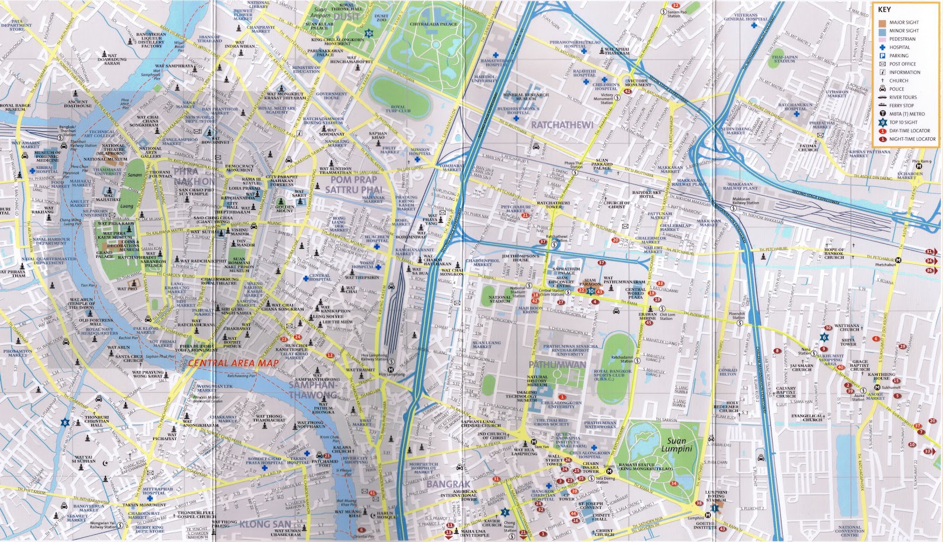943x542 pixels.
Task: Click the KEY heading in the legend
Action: point(884,9)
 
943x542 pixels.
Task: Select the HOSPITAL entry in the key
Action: point(899,47)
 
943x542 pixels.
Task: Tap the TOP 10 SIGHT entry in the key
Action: point(903,123)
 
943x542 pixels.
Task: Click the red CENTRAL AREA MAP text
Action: point(233,363)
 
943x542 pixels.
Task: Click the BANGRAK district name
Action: point(448,484)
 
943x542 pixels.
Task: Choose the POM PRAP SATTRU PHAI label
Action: point(354,184)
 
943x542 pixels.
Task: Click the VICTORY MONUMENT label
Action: point(638,83)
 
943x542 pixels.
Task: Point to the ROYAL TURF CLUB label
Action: point(398,109)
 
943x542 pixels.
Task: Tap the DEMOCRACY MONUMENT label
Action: point(240,168)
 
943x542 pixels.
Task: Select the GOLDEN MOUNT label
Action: point(285,209)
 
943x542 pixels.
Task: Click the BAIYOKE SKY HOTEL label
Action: point(647,194)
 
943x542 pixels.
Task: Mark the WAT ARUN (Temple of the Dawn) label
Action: point(81,303)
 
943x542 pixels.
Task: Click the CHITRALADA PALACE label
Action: point(433,24)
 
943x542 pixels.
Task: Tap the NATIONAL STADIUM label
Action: point(499,299)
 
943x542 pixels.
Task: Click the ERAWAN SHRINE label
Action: point(648,316)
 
